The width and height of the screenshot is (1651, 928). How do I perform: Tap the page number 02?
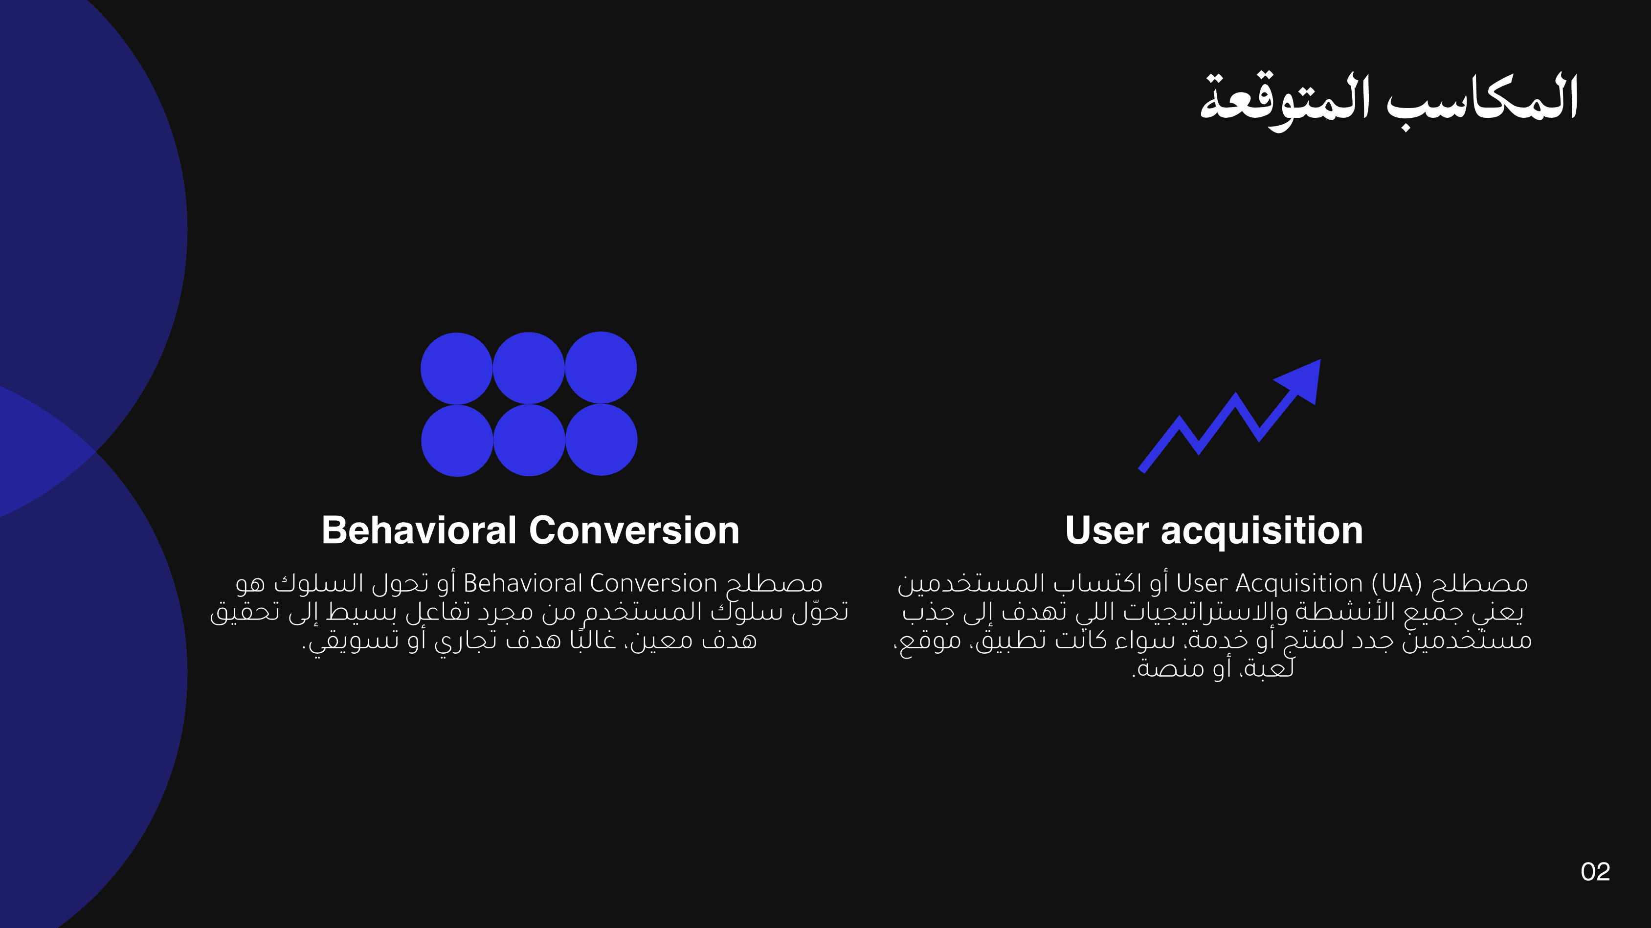[x=1595, y=872]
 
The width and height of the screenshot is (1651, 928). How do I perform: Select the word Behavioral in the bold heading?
[x=419, y=530]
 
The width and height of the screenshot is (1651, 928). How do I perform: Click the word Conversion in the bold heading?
[x=634, y=530]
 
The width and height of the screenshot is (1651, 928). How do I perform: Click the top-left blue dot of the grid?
[x=456, y=369]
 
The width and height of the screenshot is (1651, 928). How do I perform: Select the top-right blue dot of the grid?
[x=601, y=368]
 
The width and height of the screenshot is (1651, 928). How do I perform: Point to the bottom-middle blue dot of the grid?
[x=529, y=441]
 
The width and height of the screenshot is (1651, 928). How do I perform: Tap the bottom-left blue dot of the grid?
[x=457, y=441]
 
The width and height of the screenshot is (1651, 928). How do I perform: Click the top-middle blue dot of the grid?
[x=529, y=368]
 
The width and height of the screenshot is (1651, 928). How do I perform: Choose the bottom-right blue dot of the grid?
[x=601, y=440]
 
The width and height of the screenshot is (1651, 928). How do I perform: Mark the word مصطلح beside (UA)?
[x=1480, y=584]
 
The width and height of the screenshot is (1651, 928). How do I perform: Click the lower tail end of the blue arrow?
[x=1141, y=470]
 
